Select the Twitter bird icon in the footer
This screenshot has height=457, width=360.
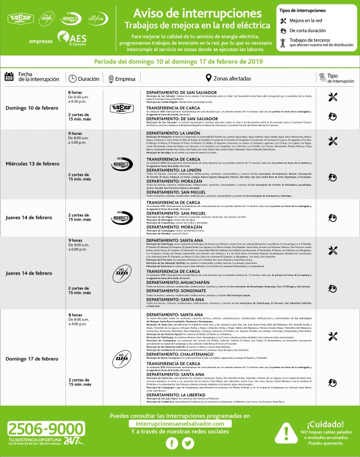[x=188, y=443]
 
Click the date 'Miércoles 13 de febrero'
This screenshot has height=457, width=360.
[x=33, y=164]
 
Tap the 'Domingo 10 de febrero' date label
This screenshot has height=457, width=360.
[x=31, y=107]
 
